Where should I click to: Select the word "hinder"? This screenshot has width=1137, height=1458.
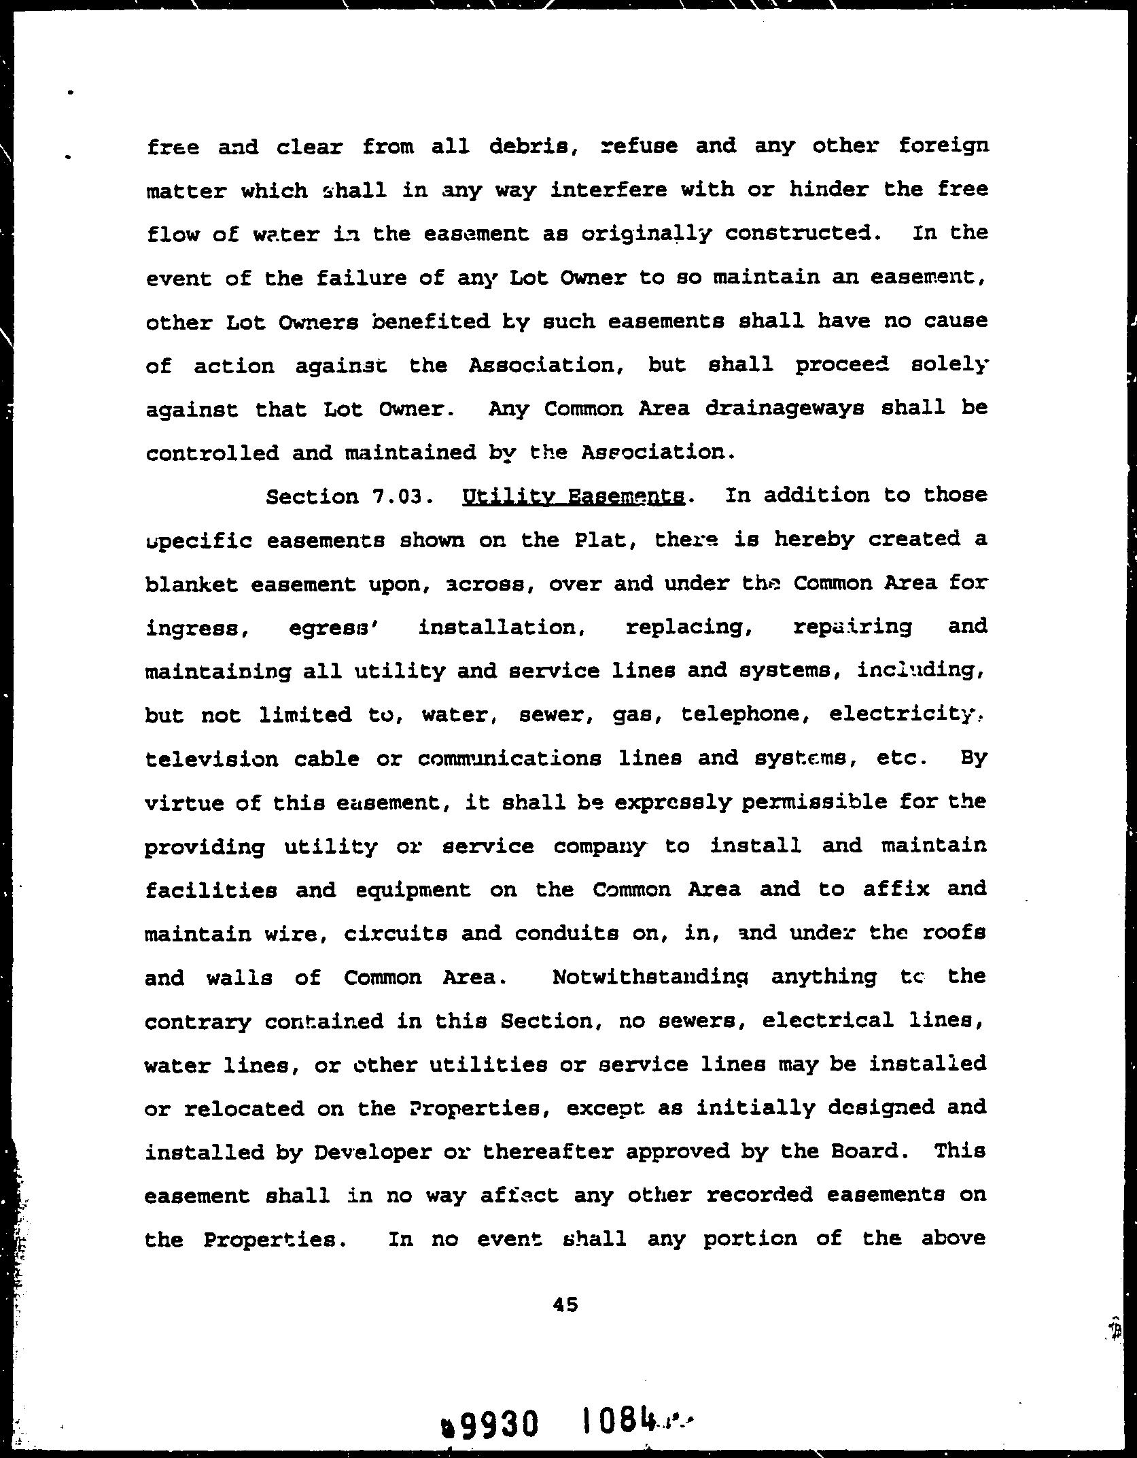(x=828, y=190)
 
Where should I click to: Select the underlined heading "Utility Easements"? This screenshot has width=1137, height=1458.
(x=574, y=497)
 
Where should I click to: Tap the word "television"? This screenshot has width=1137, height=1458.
(x=212, y=759)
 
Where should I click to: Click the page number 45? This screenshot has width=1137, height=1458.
(x=565, y=1304)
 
